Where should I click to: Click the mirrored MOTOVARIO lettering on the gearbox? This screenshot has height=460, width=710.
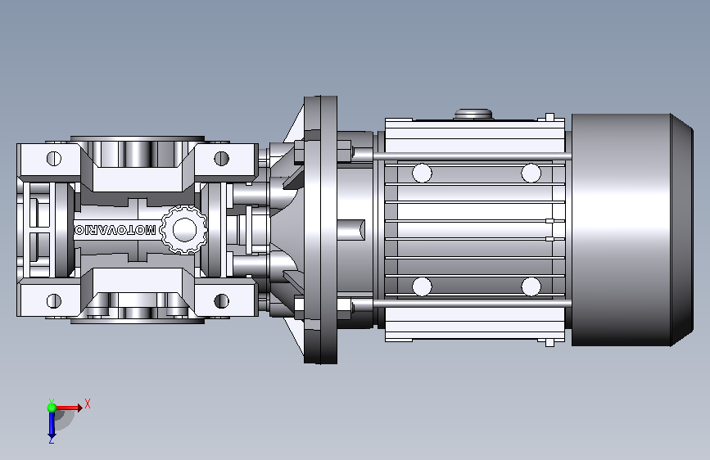115,230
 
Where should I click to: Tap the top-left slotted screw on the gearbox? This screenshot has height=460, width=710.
54,159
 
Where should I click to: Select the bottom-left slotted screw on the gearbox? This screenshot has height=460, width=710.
54,300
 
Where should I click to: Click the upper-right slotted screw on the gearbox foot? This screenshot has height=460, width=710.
221,159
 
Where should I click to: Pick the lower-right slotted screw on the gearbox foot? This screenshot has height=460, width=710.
221,300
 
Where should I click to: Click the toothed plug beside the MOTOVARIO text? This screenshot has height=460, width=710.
184,229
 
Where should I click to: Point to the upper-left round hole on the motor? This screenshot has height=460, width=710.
422,173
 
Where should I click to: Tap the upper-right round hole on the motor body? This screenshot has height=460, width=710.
531,173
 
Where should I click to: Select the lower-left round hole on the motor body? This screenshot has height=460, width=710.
422,286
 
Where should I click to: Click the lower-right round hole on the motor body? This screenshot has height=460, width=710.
531,286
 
